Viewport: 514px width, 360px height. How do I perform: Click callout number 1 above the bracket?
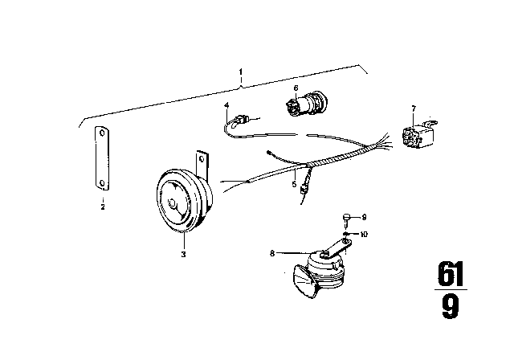[241, 72]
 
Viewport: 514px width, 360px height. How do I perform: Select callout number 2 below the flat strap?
[103, 207]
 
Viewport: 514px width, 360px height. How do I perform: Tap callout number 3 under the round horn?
[184, 254]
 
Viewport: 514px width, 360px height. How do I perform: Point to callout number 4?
[226, 105]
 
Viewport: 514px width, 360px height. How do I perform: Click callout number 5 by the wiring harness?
[295, 184]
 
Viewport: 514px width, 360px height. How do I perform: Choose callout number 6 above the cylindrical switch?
[296, 88]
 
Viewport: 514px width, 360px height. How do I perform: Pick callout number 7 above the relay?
[414, 108]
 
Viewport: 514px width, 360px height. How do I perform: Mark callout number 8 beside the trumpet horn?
[272, 253]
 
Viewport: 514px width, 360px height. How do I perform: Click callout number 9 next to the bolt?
[364, 217]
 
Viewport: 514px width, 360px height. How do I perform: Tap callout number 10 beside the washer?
[364, 234]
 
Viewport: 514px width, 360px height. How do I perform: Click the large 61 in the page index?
[451, 274]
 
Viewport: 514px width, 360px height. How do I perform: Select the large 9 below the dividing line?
[451, 306]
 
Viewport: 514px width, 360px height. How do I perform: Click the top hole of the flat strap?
[102, 133]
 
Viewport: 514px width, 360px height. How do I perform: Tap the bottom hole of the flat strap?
[102, 183]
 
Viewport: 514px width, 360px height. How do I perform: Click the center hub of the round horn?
[172, 203]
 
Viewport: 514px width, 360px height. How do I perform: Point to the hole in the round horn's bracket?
[202, 159]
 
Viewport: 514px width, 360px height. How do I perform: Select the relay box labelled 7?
[418, 134]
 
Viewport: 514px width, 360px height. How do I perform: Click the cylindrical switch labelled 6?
[305, 105]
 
